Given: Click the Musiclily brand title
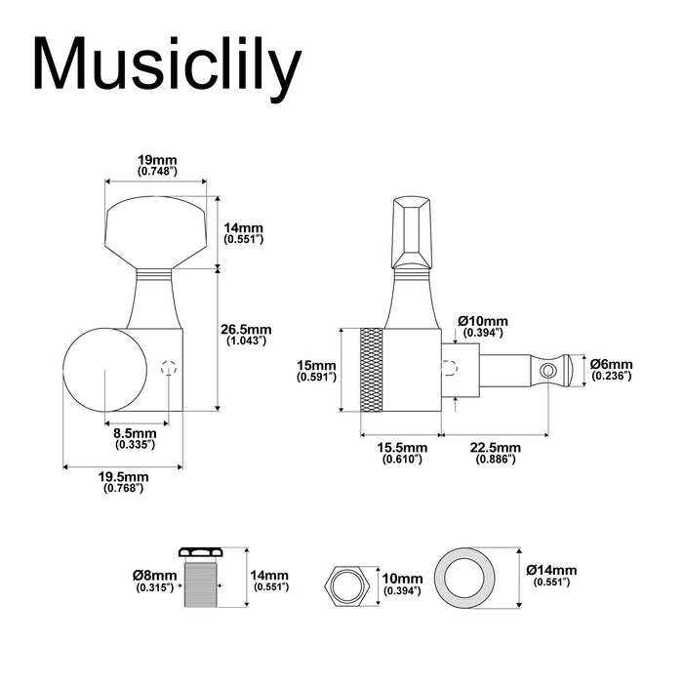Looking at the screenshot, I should click(x=167, y=66).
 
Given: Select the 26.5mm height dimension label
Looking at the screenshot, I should click(x=247, y=335).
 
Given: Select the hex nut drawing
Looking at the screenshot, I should click(x=345, y=583).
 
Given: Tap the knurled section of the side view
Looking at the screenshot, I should click(x=371, y=370).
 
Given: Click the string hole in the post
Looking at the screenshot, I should click(x=550, y=370).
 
